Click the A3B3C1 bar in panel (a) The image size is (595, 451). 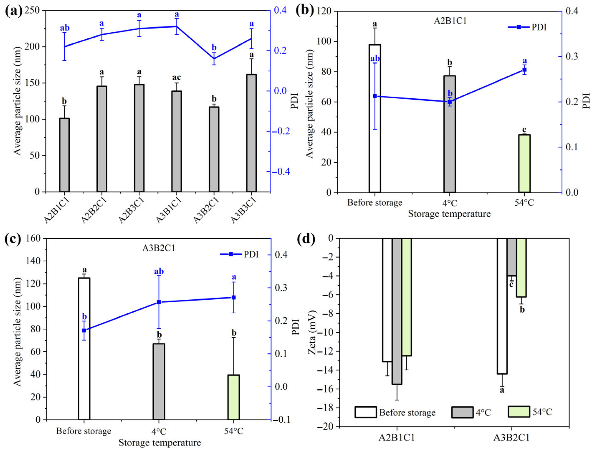[x=251, y=133]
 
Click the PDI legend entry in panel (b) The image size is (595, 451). [x=527, y=27]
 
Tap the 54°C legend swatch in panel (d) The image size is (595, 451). [x=519, y=412]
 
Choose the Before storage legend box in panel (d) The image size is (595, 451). [x=366, y=412]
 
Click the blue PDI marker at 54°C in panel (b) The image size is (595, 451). [x=524, y=70]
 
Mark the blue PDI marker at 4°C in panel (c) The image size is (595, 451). [x=159, y=302]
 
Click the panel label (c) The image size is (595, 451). [x=13, y=239]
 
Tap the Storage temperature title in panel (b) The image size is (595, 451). [x=449, y=214]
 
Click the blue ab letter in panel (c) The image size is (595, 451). [x=159, y=271]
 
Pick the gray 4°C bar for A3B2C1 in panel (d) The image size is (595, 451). [x=512, y=257]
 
